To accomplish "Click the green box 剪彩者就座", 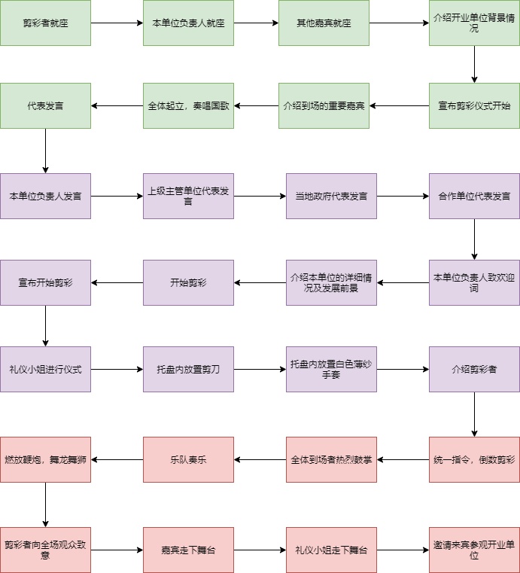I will [x=45, y=23].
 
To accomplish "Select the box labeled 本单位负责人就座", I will [x=188, y=23].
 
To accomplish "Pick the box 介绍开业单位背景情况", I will [x=474, y=23].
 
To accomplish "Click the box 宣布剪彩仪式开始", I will [x=474, y=105].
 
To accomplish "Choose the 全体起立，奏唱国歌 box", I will [x=188, y=105].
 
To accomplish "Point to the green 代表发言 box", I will [x=45, y=105].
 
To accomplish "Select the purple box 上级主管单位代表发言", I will [x=188, y=196].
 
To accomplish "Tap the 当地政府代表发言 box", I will [x=331, y=196].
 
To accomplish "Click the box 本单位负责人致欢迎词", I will [x=474, y=282].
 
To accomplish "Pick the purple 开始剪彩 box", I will [x=188, y=282].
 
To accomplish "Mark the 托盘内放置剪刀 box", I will [x=188, y=369].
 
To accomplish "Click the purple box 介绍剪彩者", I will [x=474, y=369].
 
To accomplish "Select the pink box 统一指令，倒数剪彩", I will [x=474, y=459].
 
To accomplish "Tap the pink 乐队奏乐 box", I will [x=188, y=459].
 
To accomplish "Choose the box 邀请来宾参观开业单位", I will [x=474, y=550].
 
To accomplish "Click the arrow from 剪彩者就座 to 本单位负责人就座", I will [x=117, y=23].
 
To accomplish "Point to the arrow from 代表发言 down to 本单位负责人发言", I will [x=45, y=151].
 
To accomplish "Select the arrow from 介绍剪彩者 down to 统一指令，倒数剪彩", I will [x=474, y=414].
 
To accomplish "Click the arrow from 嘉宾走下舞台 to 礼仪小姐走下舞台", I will [x=260, y=550].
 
